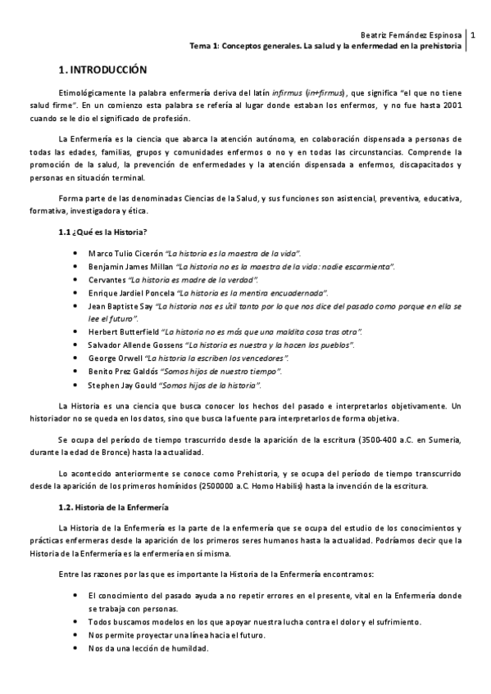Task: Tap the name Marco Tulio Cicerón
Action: (x=124, y=253)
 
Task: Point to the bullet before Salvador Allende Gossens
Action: (x=75, y=345)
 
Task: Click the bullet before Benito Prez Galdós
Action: (x=75, y=372)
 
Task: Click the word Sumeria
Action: (x=444, y=440)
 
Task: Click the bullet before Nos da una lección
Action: (x=75, y=649)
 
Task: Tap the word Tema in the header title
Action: (x=200, y=47)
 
